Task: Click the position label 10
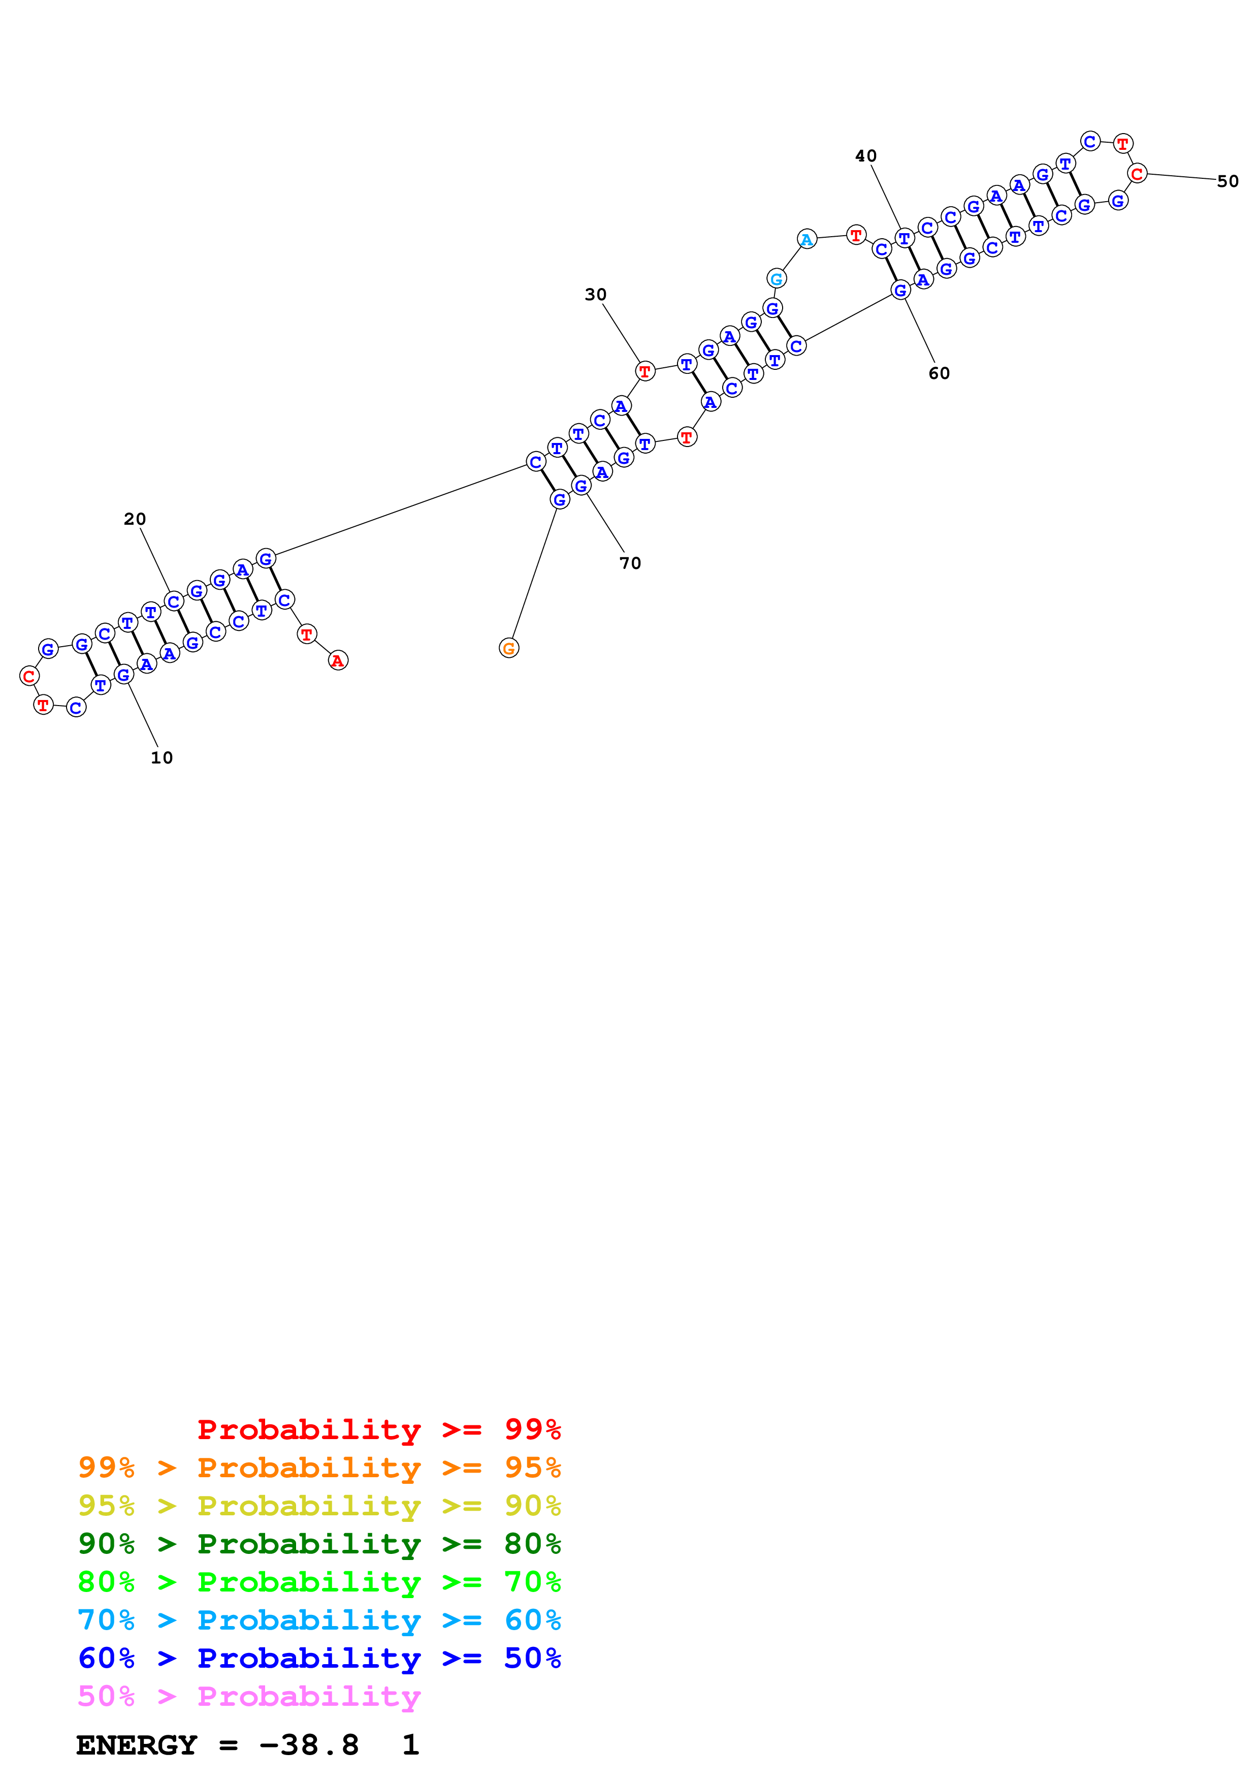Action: point(162,757)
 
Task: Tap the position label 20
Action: point(135,519)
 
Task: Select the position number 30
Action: point(595,294)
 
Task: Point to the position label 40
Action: point(866,156)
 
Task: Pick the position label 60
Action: point(939,373)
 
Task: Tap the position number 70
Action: point(630,563)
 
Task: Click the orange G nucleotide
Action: point(509,648)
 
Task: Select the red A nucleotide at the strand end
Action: point(337,660)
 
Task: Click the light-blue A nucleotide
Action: point(807,239)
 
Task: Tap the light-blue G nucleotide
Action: point(776,278)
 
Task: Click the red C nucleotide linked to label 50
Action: point(1137,173)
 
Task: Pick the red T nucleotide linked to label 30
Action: point(644,371)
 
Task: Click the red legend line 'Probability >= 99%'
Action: point(378,1429)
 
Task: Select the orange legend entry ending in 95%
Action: point(319,1468)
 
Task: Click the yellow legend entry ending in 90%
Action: point(319,1506)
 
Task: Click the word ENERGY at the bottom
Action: point(137,1745)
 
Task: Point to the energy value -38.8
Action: point(309,1745)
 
